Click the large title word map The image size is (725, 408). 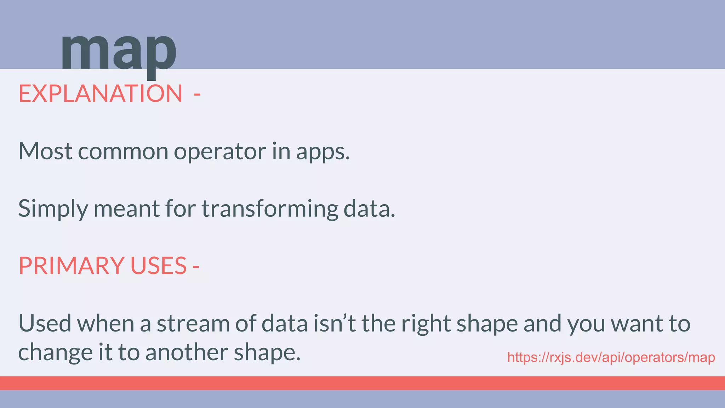click(x=118, y=51)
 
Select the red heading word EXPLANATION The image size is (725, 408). click(x=101, y=94)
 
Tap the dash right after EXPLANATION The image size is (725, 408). click(x=197, y=94)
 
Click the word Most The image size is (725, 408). click(x=45, y=151)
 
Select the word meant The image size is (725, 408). click(x=126, y=209)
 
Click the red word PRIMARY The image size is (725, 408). click(x=71, y=266)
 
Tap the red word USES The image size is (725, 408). click(x=158, y=266)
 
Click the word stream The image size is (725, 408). click(x=193, y=324)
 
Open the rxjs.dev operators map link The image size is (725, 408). click(x=611, y=357)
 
